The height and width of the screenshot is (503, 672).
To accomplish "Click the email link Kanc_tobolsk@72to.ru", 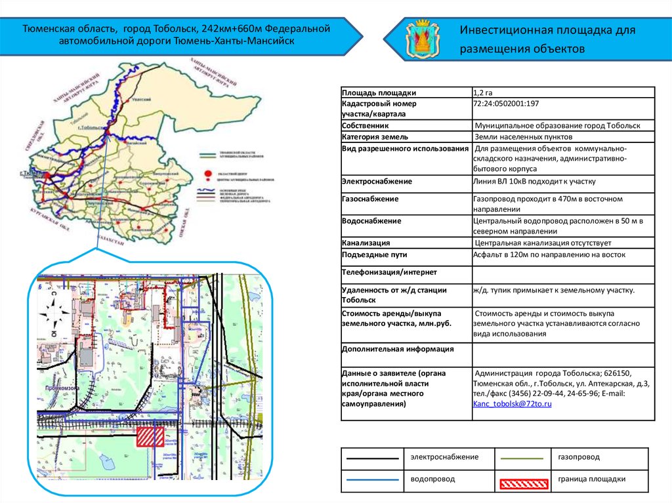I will pos(512,405).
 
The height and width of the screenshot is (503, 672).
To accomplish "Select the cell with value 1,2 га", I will pos(483,93).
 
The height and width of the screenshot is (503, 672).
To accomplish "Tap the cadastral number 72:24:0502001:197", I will pos(506,104).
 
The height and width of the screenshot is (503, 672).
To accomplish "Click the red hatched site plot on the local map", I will pos(150,437).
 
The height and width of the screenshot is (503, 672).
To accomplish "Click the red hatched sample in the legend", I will pos(524,484).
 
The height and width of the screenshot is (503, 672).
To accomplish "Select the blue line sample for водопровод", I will pos(372,480).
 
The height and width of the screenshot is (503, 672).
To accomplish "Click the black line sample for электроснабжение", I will pos(372,458).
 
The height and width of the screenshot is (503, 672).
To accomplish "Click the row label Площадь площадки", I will pos(379,93).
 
